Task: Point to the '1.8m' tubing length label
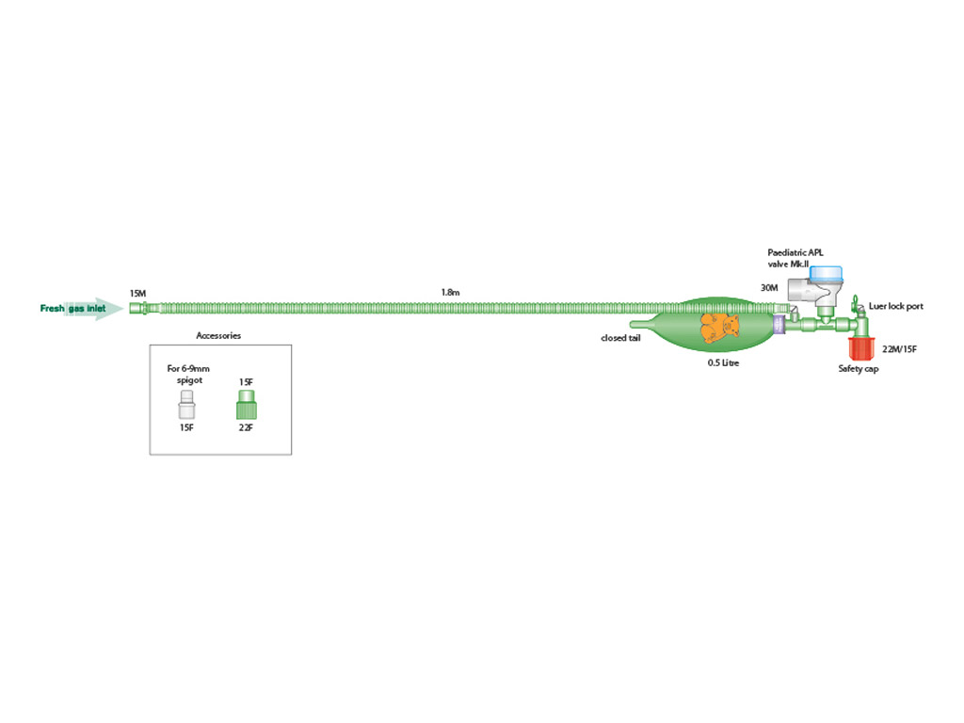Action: pyautogui.click(x=450, y=293)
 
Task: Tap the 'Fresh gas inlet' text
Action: pyautogui.click(x=72, y=309)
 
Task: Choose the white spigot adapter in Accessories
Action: pyautogui.click(x=185, y=407)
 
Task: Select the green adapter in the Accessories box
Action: pyautogui.click(x=247, y=407)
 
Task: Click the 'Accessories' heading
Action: pyautogui.click(x=218, y=335)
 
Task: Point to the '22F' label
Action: pyautogui.click(x=247, y=427)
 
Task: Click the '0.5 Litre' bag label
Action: pyautogui.click(x=723, y=362)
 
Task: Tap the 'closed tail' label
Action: pyautogui.click(x=621, y=338)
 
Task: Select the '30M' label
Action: pyautogui.click(x=769, y=287)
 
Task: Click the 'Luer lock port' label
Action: pyautogui.click(x=895, y=307)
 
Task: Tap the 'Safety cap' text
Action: pyautogui.click(x=859, y=369)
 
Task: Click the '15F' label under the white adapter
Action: pyautogui.click(x=185, y=427)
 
